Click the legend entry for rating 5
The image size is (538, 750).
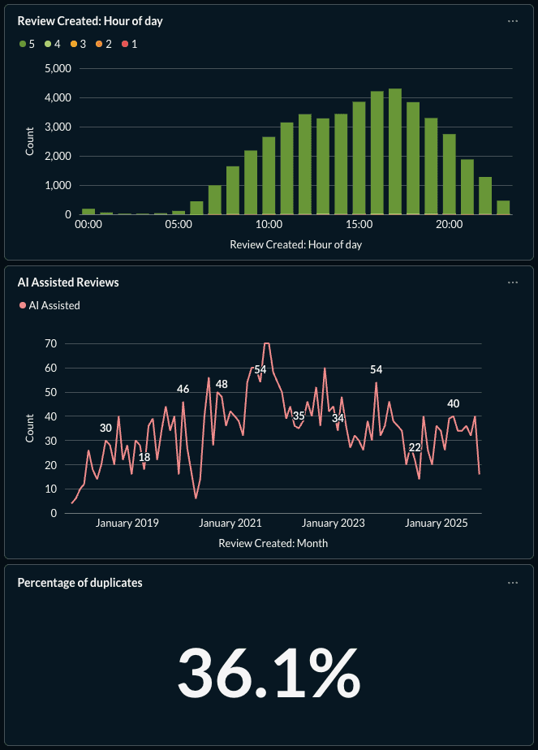pos(27,44)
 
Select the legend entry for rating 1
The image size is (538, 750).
pos(129,44)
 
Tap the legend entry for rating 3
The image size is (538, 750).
pos(78,44)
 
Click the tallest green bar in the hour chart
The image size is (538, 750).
pos(395,151)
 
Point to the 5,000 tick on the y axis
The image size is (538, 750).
pos(57,69)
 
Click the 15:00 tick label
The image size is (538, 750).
pos(359,225)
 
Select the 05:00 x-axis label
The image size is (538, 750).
pos(179,225)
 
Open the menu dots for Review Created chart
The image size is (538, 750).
pos(512,21)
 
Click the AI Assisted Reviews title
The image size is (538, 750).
pos(68,282)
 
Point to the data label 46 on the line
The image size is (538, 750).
pos(183,389)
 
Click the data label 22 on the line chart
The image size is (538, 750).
pos(415,447)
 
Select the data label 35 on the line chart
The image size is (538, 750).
pos(299,416)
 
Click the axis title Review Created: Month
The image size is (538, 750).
pos(273,543)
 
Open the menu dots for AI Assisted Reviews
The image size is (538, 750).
pos(512,282)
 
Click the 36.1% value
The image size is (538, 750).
pos(269,673)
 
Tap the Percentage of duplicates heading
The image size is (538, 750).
pos(80,583)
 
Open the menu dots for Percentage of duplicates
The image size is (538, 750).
pos(512,583)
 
